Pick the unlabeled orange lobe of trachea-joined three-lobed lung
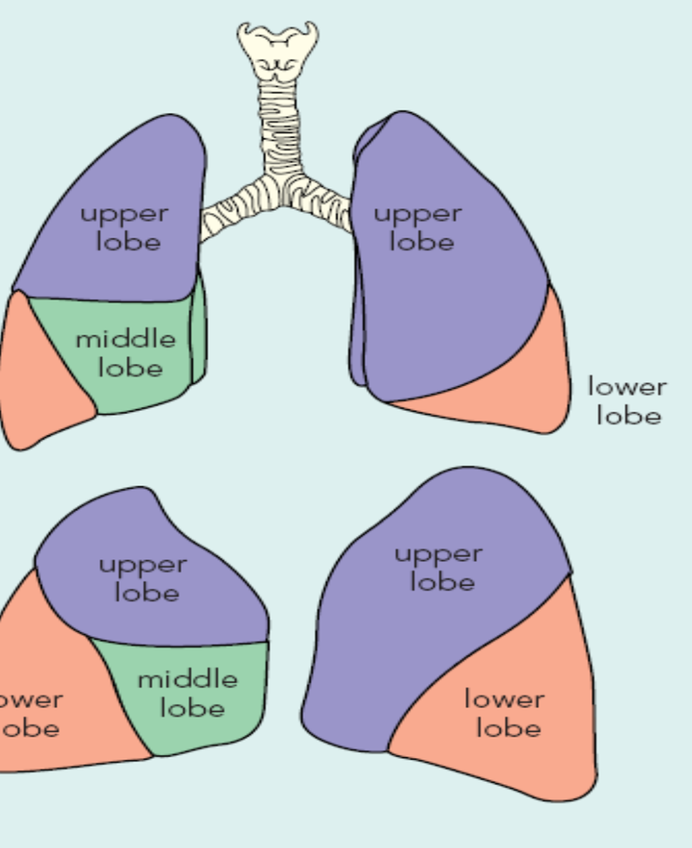pos(39,380)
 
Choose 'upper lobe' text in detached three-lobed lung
pos(144,578)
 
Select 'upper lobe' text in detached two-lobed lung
pos(440,567)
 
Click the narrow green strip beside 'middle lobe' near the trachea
pos(199,334)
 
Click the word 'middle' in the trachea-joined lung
pos(126,339)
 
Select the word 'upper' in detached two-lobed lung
pos(439,554)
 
